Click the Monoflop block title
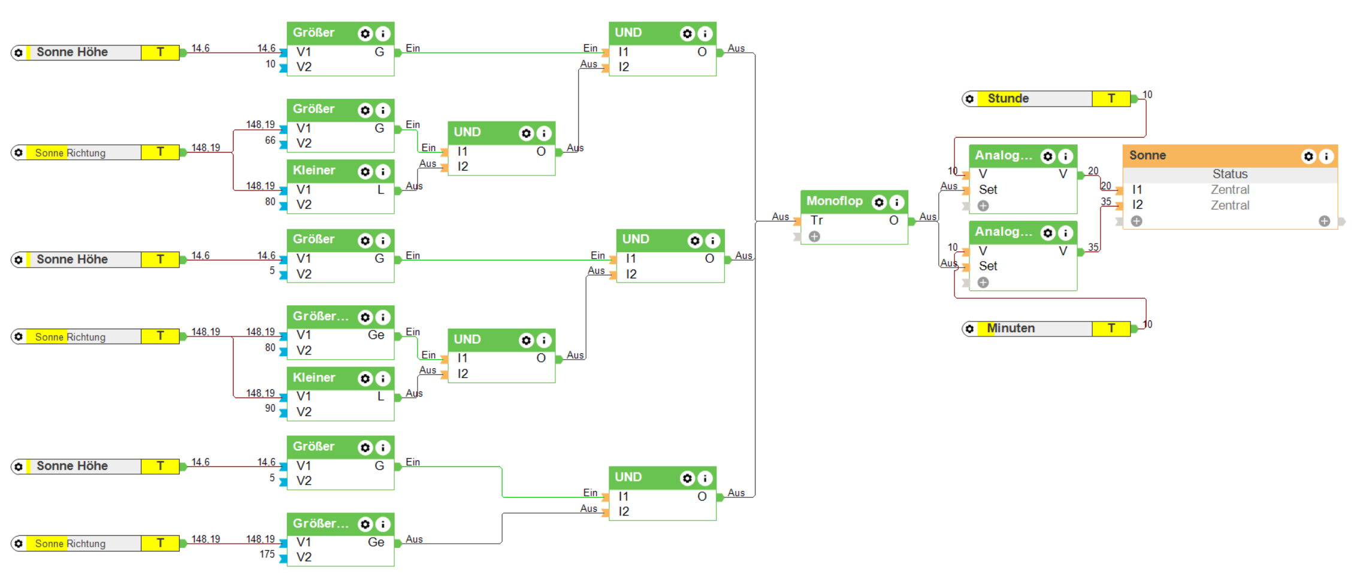(x=834, y=201)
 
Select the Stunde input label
(x=1008, y=99)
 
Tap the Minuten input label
(x=1011, y=328)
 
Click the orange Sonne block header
(x=1210, y=156)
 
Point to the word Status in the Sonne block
(x=1230, y=174)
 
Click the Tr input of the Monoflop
(x=817, y=220)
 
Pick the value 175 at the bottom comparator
(x=267, y=554)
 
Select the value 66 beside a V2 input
(x=270, y=141)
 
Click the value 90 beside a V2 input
(x=270, y=408)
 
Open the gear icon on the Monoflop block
(x=879, y=202)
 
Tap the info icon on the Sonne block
(x=1326, y=156)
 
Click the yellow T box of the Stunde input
(x=1111, y=99)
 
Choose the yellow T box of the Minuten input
(x=1111, y=328)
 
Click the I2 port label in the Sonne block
(x=1137, y=205)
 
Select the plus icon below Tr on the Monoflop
(x=814, y=237)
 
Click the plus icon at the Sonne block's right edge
(x=1324, y=222)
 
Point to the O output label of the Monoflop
(x=893, y=220)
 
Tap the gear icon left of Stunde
(x=969, y=99)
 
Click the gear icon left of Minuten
(x=969, y=329)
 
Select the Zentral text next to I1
(x=1230, y=190)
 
